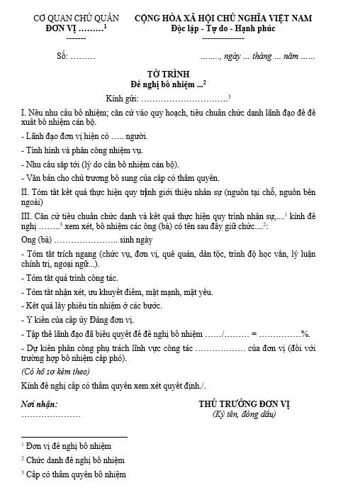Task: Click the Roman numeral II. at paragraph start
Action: [26, 192]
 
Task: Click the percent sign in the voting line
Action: [306, 333]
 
